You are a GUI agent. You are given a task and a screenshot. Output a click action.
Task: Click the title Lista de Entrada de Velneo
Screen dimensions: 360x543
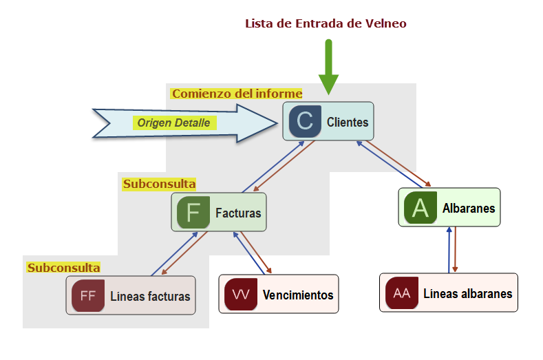click(x=326, y=24)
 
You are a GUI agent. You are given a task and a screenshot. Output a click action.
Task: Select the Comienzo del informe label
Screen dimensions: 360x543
click(x=237, y=94)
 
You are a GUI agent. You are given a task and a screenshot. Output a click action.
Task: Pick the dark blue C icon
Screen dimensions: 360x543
click(x=304, y=122)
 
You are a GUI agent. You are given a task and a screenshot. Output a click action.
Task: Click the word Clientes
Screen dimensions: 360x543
click(x=348, y=123)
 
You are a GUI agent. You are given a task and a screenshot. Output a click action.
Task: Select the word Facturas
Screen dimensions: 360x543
click(x=238, y=213)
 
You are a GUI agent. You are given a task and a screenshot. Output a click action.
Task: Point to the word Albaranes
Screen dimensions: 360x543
click(x=469, y=208)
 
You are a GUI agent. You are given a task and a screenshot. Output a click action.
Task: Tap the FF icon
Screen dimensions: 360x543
click(x=88, y=296)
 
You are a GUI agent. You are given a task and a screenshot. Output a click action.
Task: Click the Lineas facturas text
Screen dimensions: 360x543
click(x=150, y=297)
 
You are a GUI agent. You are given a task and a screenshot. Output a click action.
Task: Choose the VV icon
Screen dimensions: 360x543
click(x=241, y=295)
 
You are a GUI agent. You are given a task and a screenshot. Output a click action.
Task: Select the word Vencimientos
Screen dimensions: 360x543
click(x=298, y=295)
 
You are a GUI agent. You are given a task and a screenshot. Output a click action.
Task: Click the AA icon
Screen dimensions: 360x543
click(x=402, y=293)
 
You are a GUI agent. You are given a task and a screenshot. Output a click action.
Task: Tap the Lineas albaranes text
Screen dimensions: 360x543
click(x=467, y=294)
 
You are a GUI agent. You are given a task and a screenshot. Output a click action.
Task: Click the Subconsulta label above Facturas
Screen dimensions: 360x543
click(x=159, y=184)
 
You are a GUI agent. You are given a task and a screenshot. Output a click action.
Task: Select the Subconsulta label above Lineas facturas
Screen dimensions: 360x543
click(x=63, y=267)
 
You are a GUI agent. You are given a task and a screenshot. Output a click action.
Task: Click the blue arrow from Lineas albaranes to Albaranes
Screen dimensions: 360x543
click(x=449, y=249)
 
